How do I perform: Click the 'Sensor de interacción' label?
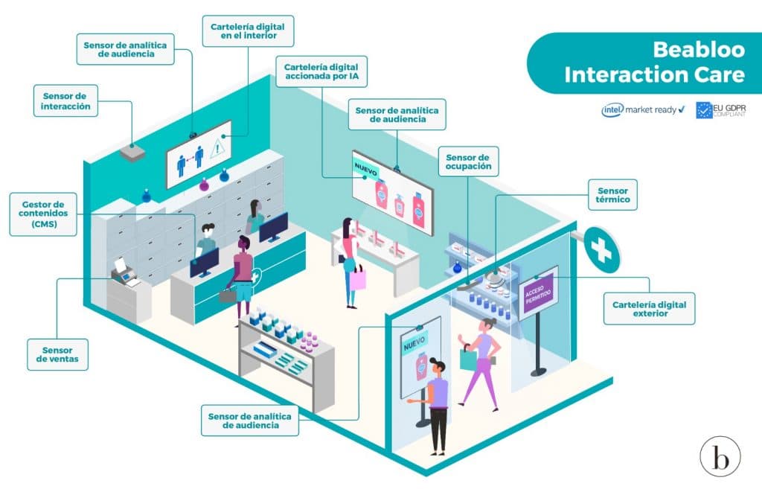point(65,100)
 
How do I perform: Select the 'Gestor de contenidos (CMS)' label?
point(43,214)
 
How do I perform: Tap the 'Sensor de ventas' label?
point(57,354)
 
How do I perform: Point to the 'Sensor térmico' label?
point(613,194)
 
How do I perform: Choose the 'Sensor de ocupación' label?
point(469,162)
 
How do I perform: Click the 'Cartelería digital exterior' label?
point(649,309)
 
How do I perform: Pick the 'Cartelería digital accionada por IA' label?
point(321,71)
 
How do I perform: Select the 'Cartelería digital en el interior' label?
point(248,31)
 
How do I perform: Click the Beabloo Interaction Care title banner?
point(644,63)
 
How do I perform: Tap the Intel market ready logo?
point(643,110)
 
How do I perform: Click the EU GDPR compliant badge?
point(720,110)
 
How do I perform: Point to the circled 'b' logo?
point(720,456)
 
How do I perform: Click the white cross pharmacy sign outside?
point(601,250)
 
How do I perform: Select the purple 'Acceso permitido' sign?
point(537,293)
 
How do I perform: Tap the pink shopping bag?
point(358,280)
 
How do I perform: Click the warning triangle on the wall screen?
point(217,147)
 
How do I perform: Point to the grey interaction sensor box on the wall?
point(132,153)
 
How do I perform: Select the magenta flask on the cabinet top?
point(204,185)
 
